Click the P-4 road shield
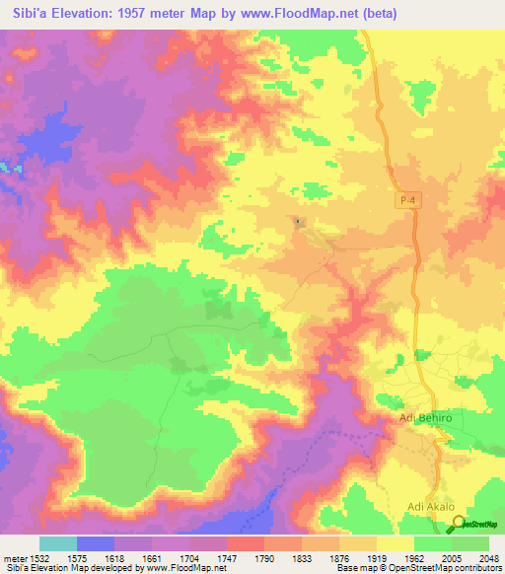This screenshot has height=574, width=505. coord(409,200)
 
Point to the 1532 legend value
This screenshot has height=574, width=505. coord(39,557)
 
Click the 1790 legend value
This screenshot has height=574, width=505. coord(264,557)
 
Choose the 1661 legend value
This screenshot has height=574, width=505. coord(152,557)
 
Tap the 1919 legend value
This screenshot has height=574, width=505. coord(377,557)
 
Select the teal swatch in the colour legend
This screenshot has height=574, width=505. coord(57,543)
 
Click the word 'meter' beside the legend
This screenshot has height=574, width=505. coord(13,557)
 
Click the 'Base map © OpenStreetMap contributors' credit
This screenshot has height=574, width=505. coord(419,569)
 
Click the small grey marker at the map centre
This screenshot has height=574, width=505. coord(299,221)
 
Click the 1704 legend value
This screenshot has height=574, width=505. coord(189,557)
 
